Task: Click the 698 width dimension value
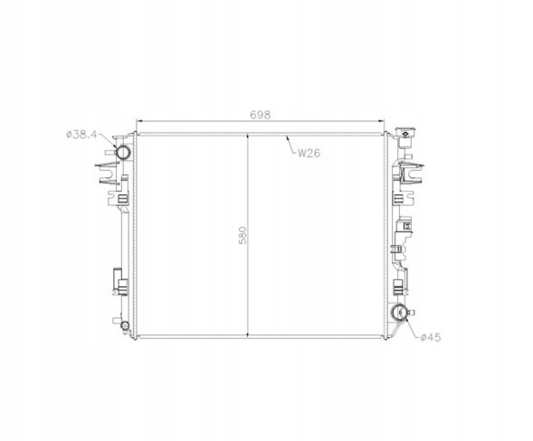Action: pos(261,115)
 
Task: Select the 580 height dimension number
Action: pos(243,235)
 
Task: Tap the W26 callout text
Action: pos(309,153)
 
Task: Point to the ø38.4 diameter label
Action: pos(81,135)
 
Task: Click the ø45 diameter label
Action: pos(431,337)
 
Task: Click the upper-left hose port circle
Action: pos(122,153)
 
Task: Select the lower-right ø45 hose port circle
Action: pos(399,312)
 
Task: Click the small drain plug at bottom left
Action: pos(125,325)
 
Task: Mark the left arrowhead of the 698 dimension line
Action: pos(138,121)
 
